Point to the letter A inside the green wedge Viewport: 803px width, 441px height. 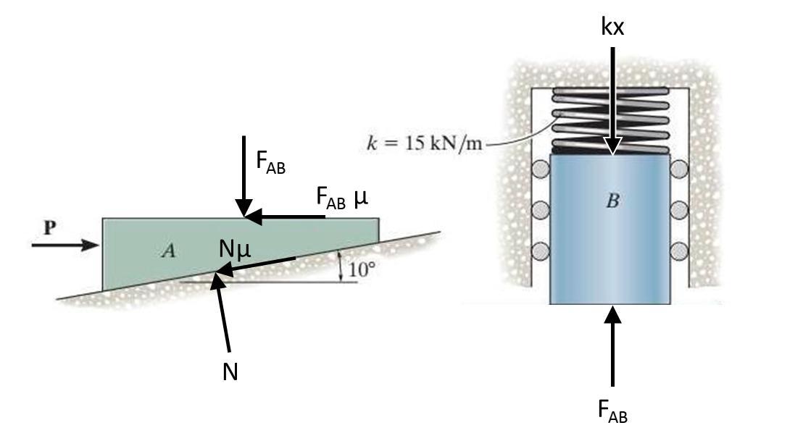click(168, 251)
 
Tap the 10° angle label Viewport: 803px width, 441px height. click(362, 270)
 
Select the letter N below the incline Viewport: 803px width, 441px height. click(230, 372)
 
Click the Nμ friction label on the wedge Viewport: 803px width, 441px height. click(235, 249)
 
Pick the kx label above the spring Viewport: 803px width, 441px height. click(613, 27)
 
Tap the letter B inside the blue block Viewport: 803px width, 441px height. click(612, 201)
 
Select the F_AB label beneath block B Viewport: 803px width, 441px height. click(613, 411)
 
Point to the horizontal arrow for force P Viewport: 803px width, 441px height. click(65, 245)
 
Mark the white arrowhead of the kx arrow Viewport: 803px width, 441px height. click(613, 146)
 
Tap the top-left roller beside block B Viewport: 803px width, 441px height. click(540, 170)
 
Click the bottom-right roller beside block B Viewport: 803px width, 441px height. click(679, 251)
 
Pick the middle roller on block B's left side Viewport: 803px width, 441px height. click(540, 211)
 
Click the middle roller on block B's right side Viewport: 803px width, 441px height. click(679, 211)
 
